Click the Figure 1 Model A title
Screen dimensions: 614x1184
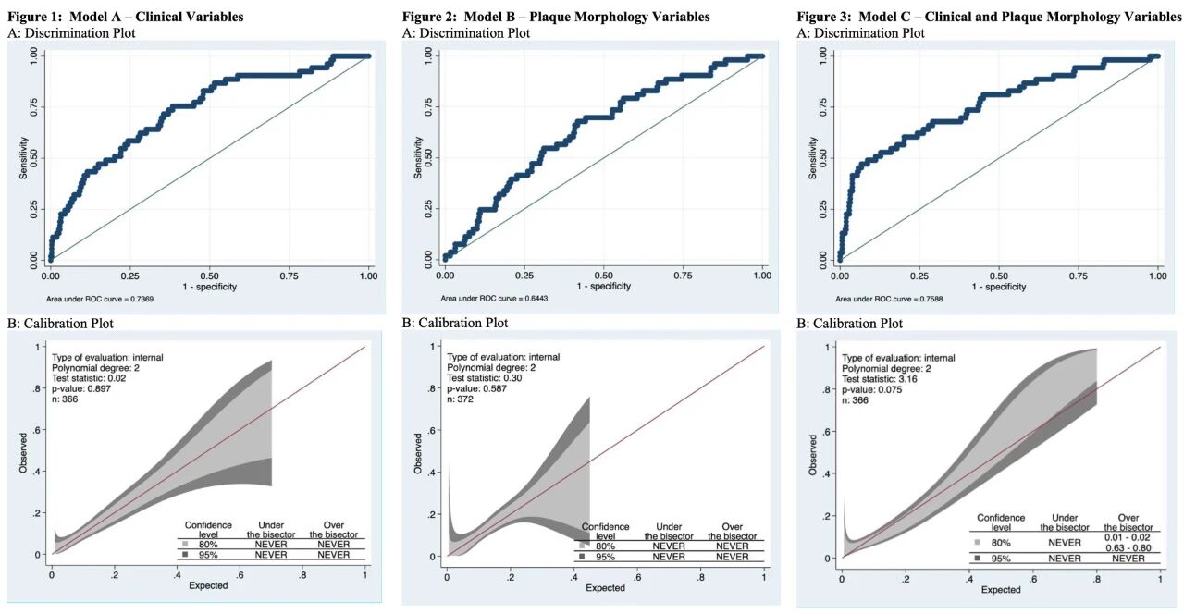click(x=125, y=17)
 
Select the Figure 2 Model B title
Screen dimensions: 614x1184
click(x=556, y=17)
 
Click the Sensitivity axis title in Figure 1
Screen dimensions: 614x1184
click(x=25, y=158)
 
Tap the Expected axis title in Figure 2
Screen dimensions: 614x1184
click(x=605, y=588)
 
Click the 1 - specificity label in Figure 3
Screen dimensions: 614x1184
click(x=999, y=287)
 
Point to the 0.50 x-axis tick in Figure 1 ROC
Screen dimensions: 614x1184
click(x=210, y=276)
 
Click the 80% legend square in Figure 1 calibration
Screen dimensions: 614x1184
click(x=185, y=544)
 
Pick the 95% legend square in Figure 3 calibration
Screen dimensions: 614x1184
click(x=978, y=559)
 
